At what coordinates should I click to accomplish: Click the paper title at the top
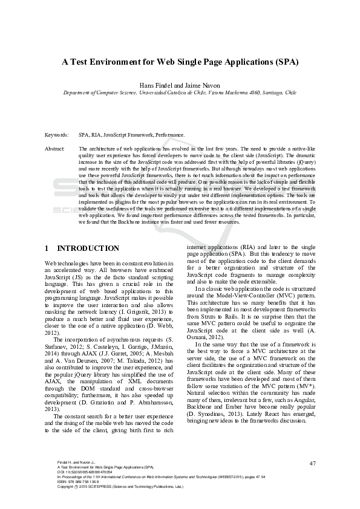tap(180, 62)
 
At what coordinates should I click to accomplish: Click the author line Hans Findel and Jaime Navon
tap(180, 86)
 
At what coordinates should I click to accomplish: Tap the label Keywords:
tap(56, 135)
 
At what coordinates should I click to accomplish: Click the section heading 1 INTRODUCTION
tap(82, 248)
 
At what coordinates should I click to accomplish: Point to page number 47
tap(312, 463)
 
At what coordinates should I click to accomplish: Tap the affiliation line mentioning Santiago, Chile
tap(180, 94)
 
